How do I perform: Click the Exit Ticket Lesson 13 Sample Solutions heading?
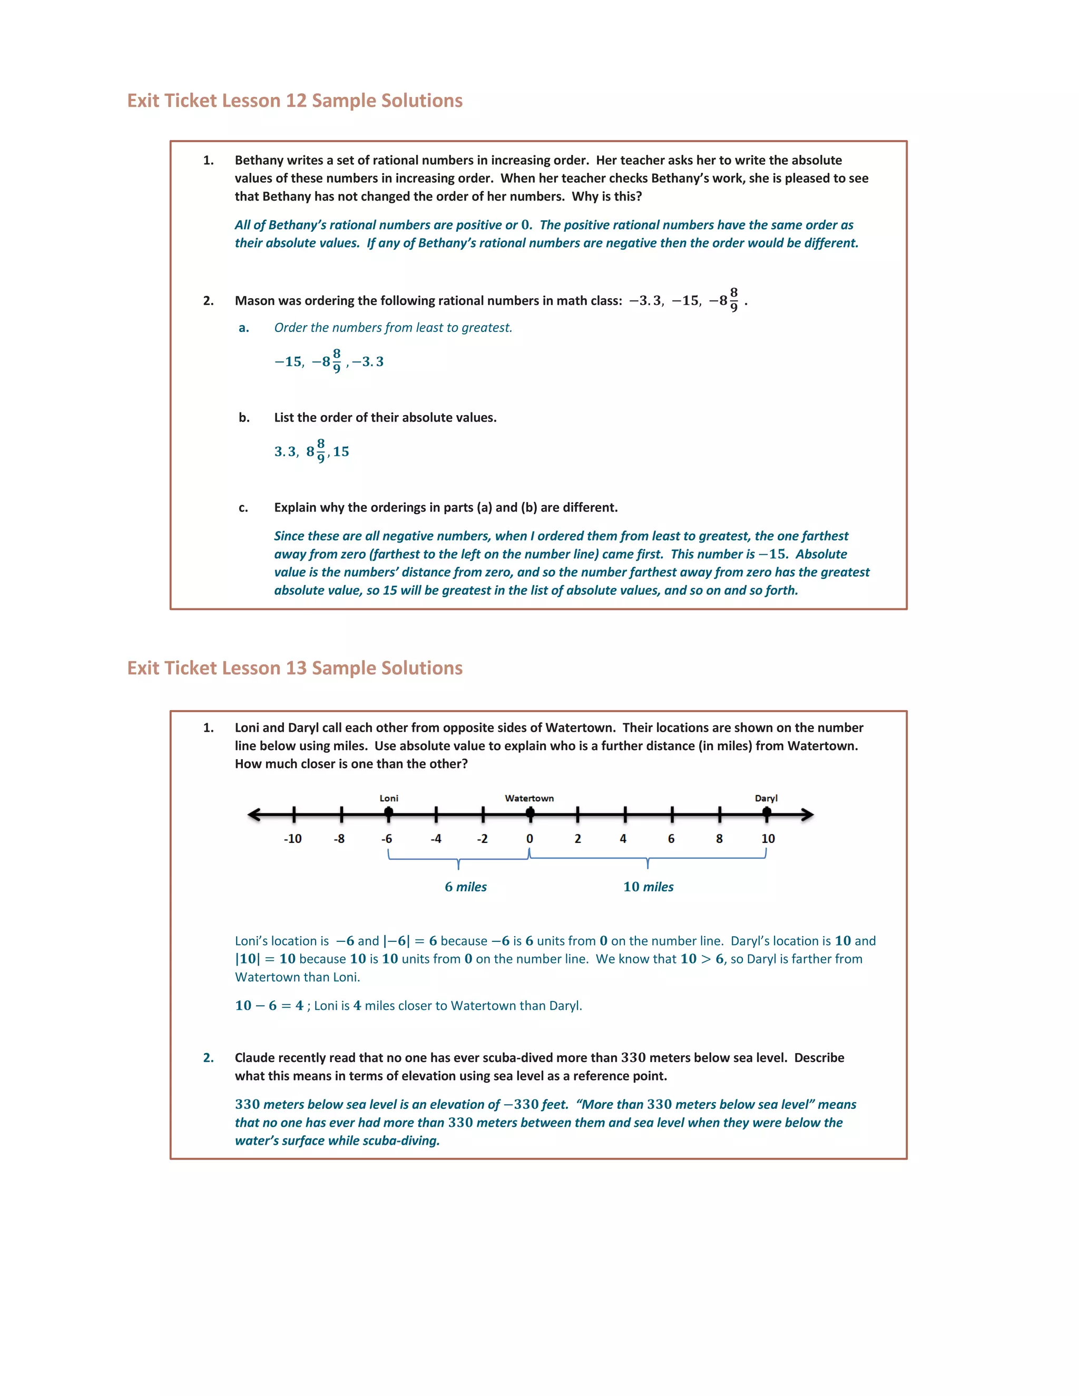(295, 668)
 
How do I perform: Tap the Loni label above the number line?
(389, 798)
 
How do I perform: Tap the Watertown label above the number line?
(529, 798)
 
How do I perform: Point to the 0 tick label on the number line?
(529, 839)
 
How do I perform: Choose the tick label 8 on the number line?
(719, 839)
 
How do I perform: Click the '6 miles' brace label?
(465, 887)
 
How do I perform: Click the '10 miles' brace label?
(648, 887)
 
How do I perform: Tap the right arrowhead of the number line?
(807, 814)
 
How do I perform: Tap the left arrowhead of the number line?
(254, 814)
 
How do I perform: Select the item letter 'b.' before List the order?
(244, 417)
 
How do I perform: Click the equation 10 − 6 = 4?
(269, 1006)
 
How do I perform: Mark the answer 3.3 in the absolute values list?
(286, 452)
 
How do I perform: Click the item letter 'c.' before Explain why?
(243, 507)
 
